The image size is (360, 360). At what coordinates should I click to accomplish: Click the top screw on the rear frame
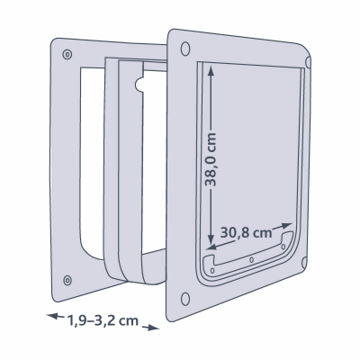pos(67,54)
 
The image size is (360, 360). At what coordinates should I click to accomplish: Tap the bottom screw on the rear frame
pos(67,280)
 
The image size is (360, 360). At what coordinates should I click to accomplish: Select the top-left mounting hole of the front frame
pos(185,49)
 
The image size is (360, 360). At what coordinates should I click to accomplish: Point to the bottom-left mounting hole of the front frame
pos(185,299)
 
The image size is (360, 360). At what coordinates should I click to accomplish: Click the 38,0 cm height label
pos(210,159)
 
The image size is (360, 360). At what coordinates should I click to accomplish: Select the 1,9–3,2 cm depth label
pos(103,320)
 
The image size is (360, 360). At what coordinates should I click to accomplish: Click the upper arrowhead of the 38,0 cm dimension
pos(211,72)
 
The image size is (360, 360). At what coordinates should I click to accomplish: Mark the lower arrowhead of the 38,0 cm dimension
pos(211,238)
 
